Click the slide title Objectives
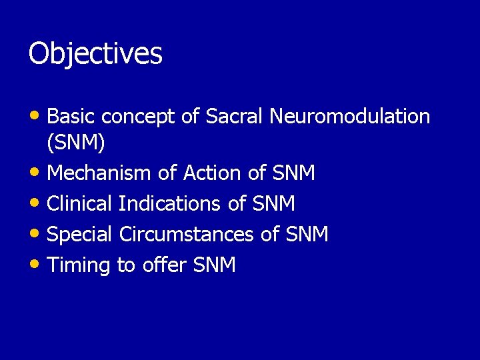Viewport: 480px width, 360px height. point(95,54)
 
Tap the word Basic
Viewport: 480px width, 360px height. point(71,117)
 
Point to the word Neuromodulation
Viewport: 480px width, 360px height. point(350,117)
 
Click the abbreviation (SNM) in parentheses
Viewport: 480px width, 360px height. point(76,143)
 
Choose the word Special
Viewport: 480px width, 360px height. point(81,235)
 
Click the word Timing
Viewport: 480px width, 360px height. point(79,265)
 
